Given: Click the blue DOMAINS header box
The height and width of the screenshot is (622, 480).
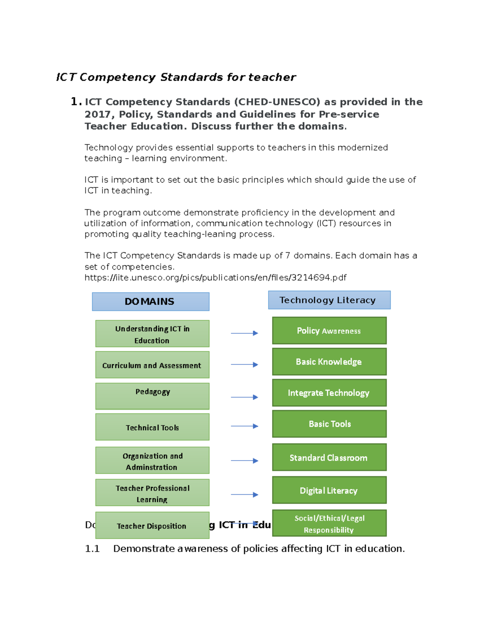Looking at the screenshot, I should pos(150,302).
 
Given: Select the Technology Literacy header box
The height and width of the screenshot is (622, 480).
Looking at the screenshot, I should pos(329,300).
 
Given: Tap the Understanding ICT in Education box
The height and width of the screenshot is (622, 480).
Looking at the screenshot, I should pos(152,334).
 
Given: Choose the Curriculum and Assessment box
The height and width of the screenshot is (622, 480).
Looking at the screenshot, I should pos(152,365).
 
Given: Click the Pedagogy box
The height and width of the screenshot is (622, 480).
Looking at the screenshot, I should pos(152,396).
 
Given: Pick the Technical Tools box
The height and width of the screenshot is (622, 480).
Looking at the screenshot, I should pos(152,427).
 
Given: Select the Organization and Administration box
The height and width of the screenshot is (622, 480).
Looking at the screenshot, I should pos(152,461).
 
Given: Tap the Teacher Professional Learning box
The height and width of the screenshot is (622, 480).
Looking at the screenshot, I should pos(152,493).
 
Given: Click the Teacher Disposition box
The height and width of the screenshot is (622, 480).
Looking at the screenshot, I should pos(152,525).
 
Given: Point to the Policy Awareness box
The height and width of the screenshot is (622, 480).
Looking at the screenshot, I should pos(329,331).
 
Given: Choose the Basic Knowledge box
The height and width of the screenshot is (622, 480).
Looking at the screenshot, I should pos(329,362).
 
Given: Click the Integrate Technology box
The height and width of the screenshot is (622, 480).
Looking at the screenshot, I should pos(329,393).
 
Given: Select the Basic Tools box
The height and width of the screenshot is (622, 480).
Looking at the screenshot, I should pos(329,424).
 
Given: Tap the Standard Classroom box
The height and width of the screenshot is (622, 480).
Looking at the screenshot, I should pos(329,457).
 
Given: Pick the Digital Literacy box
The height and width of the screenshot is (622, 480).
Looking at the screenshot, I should pos(329,490).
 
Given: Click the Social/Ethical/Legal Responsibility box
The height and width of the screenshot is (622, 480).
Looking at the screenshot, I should pos(329,523).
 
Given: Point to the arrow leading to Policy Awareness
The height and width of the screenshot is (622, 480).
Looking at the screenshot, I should pos(244,333).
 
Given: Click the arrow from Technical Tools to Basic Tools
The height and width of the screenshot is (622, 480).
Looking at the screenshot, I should pos(244,426).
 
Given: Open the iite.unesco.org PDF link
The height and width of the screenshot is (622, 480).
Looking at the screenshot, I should pos(215,278).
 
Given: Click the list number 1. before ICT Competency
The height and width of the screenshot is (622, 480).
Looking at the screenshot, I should pos(76,102).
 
